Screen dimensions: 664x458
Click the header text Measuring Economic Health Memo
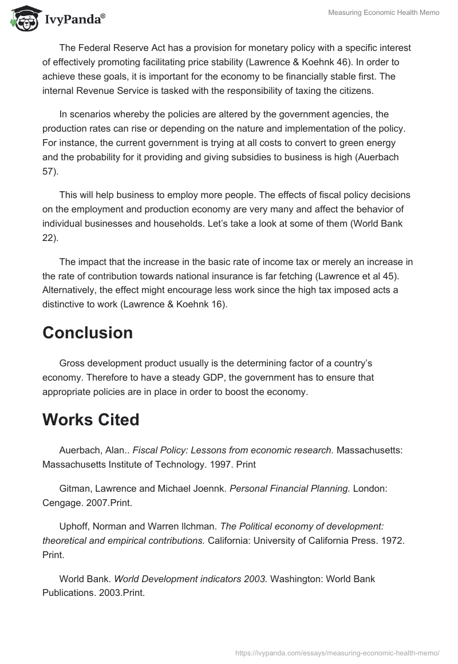(382, 13)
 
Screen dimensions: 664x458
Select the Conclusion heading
(88, 333)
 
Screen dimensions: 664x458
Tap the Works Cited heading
(91, 420)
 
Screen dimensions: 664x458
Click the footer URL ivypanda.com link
(337, 652)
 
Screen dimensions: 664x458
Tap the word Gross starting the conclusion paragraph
(72, 363)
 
